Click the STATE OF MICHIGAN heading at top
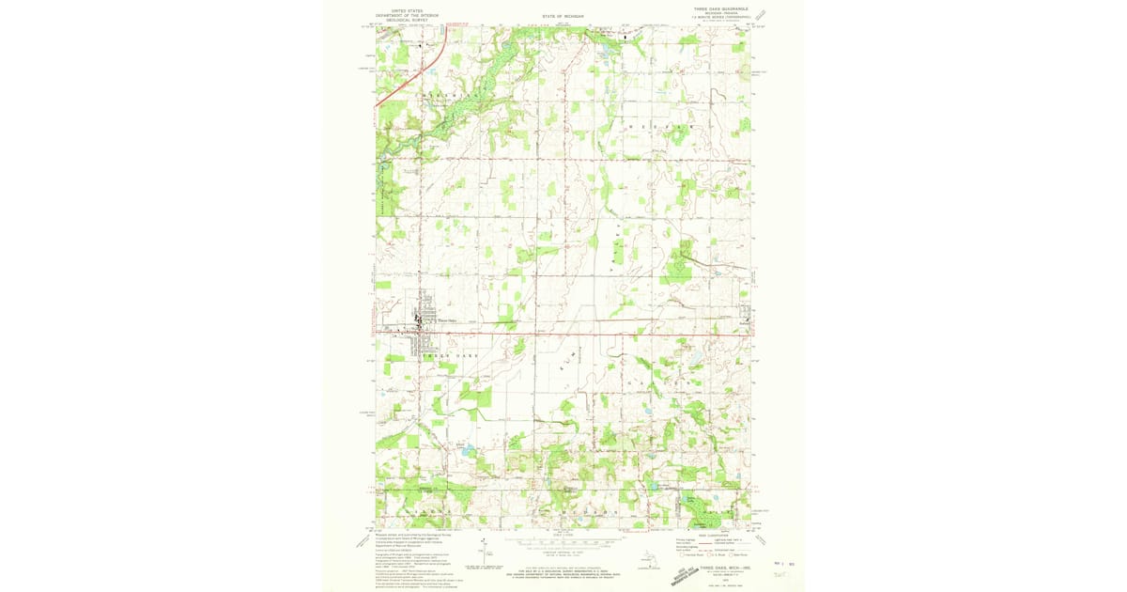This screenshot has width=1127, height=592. click(x=563, y=17)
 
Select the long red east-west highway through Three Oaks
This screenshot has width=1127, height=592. click(x=563, y=333)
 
